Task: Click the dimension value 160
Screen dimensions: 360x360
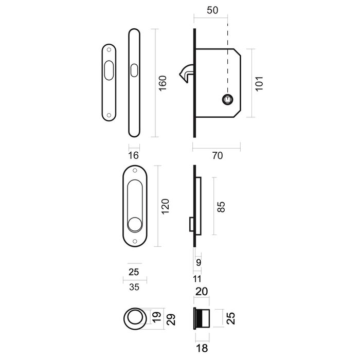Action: [x=163, y=83]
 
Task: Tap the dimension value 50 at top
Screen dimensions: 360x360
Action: [x=211, y=10]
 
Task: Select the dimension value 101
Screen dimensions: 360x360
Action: [x=259, y=83]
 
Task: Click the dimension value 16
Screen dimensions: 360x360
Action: [x=133, y=154]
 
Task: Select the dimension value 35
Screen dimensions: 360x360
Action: [x=134, y=287]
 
